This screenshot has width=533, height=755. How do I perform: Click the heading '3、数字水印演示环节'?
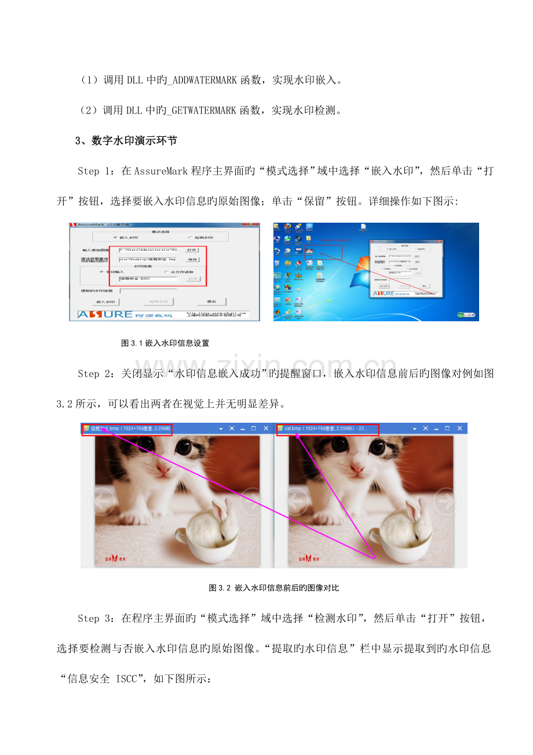tap(126, 141)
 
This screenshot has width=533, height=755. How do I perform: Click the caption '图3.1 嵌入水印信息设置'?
tap(165, 343)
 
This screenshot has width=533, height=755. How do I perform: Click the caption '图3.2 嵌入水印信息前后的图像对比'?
tap(273, 588)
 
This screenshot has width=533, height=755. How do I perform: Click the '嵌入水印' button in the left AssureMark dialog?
tap(106, 302)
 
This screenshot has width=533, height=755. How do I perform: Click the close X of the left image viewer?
tap(266, 429)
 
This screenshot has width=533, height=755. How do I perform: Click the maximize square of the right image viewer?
tap(447, 429)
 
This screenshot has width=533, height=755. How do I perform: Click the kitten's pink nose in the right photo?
tap(357, 467)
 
